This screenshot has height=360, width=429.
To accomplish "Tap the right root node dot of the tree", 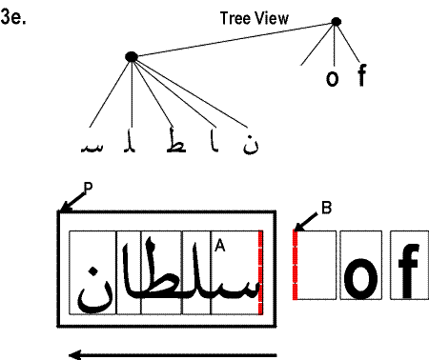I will click(335, 22).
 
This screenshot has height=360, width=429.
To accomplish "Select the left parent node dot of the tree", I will click(132, 57).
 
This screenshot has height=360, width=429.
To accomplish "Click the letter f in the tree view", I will click(361, 75).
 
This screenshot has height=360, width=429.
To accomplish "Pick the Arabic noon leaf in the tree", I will click(252, 145).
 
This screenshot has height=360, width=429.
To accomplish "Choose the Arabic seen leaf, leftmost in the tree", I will click(92, 148).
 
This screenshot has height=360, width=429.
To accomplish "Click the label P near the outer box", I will click(87, 189).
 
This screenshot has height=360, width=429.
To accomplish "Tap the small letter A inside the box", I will click(220, 245).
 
